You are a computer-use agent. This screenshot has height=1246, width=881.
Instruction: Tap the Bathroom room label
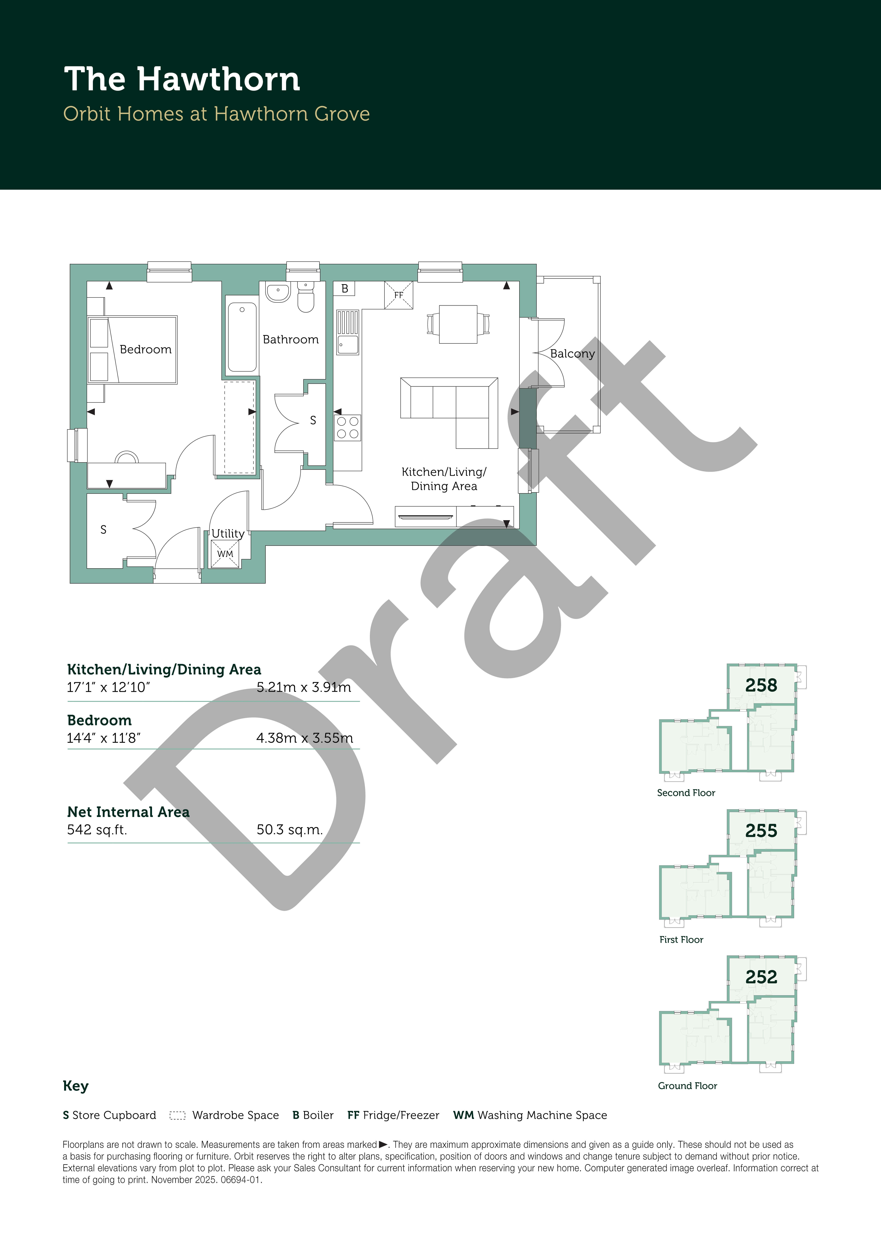coord(290,340)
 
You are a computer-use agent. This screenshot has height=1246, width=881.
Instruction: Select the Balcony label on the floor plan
coord(572,354)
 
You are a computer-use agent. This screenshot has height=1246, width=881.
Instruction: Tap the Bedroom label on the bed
coord(145,350)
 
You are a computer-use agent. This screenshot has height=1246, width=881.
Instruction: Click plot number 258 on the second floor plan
coord(761,685)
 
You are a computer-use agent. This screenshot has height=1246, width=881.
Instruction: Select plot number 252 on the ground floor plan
coord(761,977)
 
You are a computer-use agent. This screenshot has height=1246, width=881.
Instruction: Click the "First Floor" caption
coord(681,939)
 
